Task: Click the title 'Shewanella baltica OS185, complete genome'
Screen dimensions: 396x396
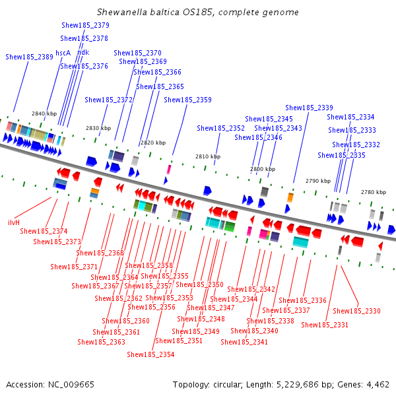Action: (x=197, y=13)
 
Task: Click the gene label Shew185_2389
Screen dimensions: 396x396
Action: (x=29, y=57)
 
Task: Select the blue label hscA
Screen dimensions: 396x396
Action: (x=63, y=53)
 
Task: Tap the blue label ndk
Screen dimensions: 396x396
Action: (x=83, y=53)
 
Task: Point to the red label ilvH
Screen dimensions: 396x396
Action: (x=13, y=222)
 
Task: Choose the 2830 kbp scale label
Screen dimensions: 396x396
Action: (x=98, y=128)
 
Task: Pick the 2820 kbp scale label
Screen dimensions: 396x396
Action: (x=152, y=143)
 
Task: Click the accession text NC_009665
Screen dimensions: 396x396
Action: (x=50, y=384)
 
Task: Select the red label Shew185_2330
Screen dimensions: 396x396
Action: (x=356, y=311)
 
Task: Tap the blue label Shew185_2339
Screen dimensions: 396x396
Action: (x=309, y=108)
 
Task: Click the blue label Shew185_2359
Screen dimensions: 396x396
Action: (x=187, y=100)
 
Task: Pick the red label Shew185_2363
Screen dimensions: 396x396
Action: (x=101, y=342)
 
